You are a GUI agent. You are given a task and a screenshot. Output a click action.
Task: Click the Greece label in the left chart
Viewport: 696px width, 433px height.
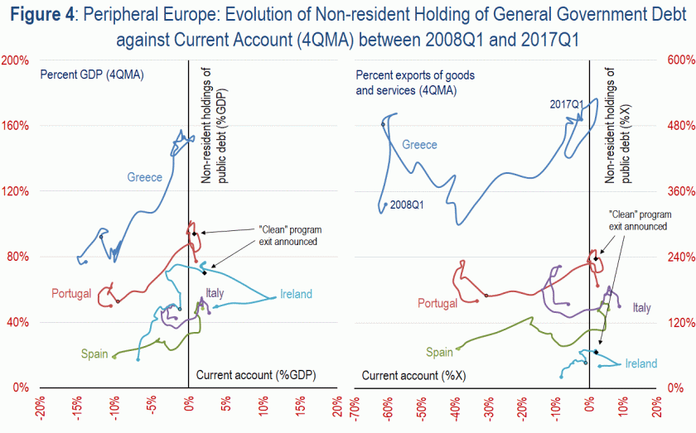click(144, 176)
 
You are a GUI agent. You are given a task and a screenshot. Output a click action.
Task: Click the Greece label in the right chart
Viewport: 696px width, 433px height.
click(419, 145)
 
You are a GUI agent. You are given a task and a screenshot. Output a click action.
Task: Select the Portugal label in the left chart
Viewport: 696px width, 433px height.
click(70, 293)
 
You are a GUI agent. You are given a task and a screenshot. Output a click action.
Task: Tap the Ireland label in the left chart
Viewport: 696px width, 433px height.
click(296, 294)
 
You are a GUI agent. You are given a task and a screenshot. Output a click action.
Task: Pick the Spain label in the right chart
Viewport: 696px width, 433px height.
click(440, 352)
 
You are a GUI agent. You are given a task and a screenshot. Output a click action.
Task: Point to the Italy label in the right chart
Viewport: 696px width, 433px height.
click(642, 307)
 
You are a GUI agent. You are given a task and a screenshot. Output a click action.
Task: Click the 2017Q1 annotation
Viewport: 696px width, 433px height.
click(568, 104)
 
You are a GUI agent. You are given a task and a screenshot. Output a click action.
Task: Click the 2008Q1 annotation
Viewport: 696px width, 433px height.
click(406, 204)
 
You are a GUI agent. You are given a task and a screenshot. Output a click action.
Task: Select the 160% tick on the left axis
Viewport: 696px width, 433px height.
click(16, 126)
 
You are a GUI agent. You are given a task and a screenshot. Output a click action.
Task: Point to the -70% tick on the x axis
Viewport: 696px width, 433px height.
click(353, 409)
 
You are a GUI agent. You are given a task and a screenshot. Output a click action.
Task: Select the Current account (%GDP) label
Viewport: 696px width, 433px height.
click(257, 376)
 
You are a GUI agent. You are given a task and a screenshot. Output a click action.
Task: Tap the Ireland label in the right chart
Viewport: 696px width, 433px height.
click(640, 363)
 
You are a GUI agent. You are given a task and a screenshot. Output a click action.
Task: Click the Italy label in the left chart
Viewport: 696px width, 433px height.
click(215, 293)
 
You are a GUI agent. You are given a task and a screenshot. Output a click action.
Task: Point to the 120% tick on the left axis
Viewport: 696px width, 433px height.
click(16, 191)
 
